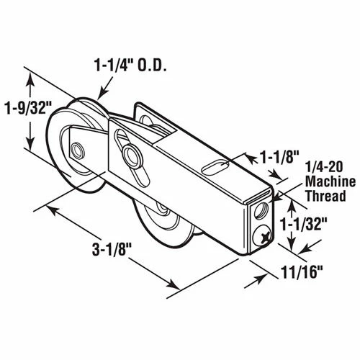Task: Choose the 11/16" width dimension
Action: coord(301,271)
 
